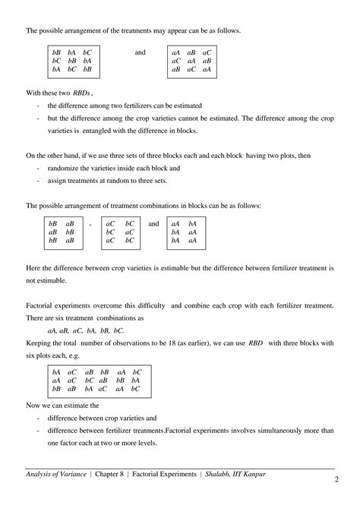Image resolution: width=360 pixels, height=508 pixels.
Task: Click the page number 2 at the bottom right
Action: coord(335,481)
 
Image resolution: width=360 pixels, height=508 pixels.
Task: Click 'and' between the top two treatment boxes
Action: coord(140,52)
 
